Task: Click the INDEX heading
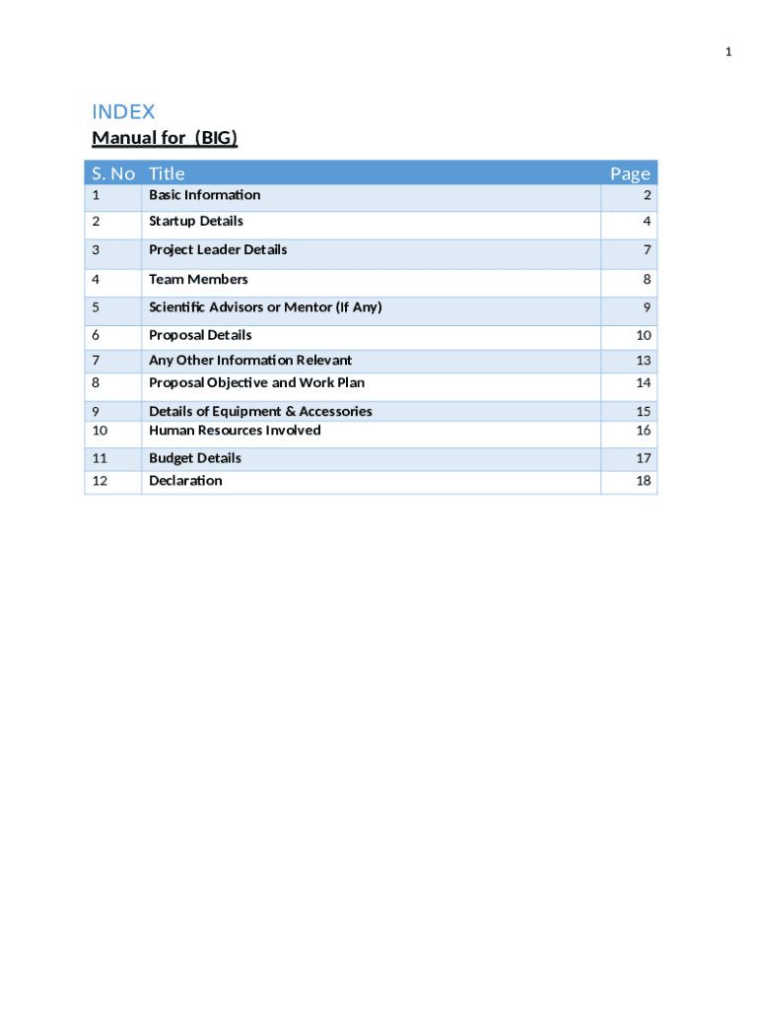123,111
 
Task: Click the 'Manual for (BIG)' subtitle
165,138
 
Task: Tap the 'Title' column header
167,173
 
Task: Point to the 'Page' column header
630,173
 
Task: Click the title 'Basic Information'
204,195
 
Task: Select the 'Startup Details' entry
195,221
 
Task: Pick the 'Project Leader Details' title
218,249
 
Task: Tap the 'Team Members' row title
198,279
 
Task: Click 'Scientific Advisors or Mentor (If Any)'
265,307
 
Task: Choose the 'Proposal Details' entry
200,335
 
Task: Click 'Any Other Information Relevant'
250,360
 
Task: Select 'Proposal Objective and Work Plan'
256,382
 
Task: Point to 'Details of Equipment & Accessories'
260,411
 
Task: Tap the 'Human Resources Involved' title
235,431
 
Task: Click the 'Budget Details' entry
194,458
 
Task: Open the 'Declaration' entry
185,481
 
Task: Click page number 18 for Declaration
644,482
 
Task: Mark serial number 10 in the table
100,431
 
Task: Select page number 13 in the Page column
644,361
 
